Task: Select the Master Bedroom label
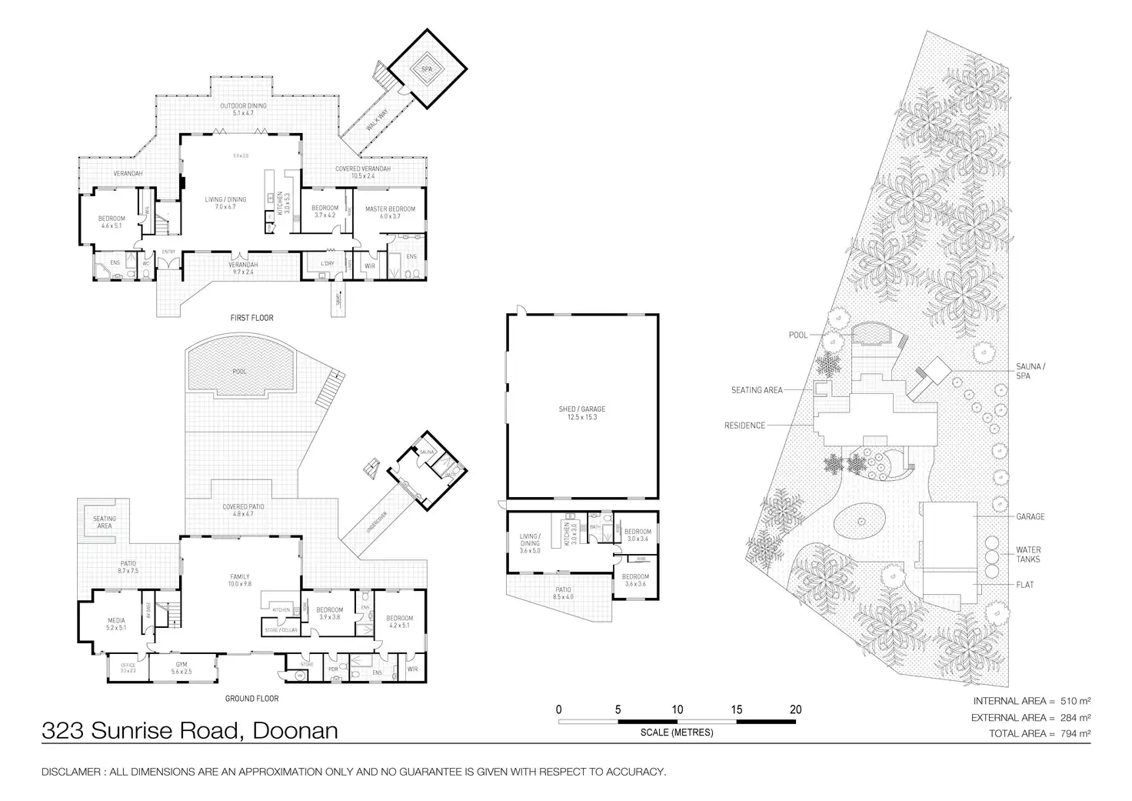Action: tap(390, 209)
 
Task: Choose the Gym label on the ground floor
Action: tap(181, 664)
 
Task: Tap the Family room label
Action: tap(239, 576)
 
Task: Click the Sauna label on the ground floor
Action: tap(427, 452)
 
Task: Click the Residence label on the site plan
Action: tap(744, 426)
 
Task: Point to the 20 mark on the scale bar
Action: tap(795, 709)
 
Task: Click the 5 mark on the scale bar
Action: tap(618, 709)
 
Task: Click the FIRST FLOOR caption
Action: tap(251, 318)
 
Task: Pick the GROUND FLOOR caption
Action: tap(251, 699)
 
